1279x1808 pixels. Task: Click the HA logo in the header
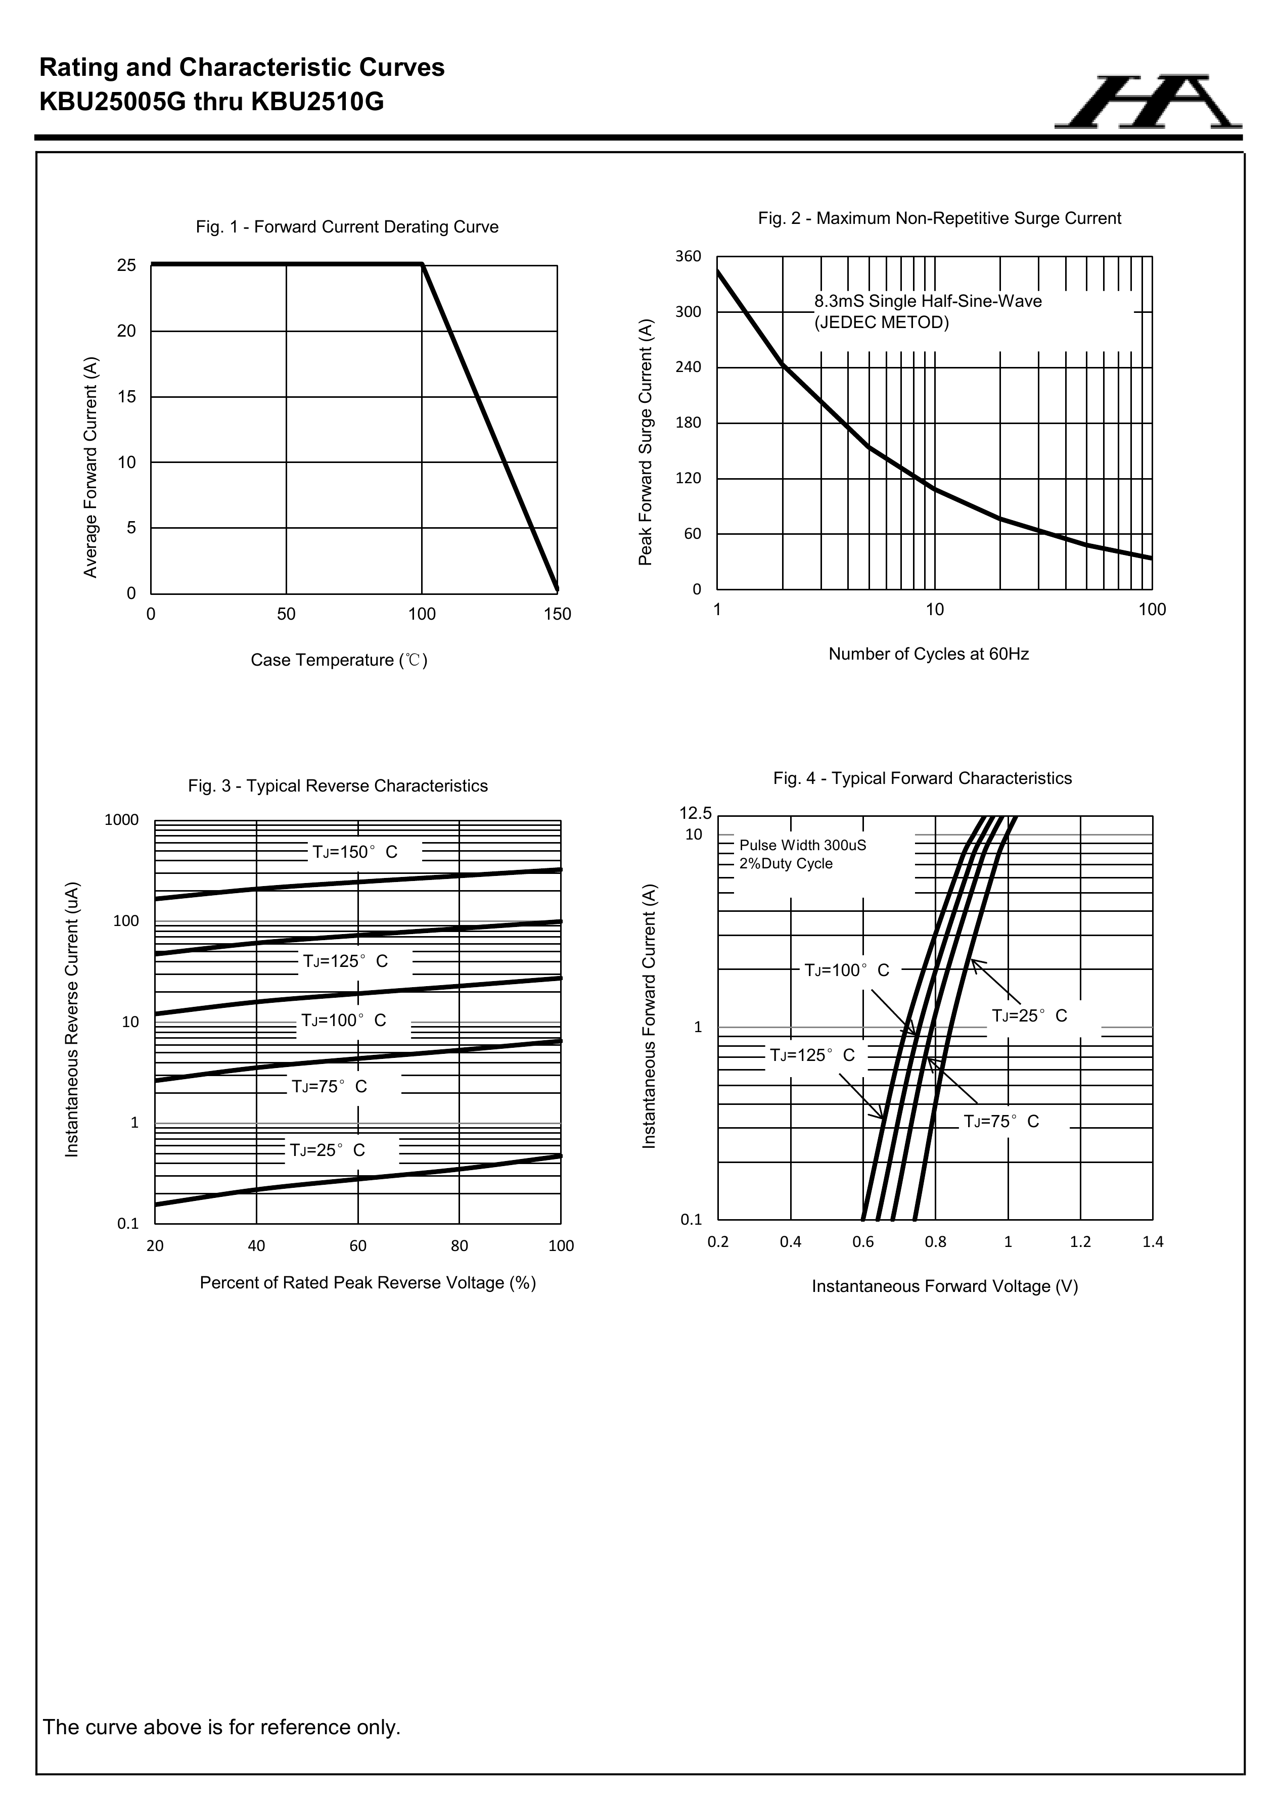[1148, 103]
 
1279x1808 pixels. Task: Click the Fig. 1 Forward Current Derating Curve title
[347, 227]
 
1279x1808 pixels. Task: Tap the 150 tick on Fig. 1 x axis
[558, 614]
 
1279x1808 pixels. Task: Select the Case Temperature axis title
[339, 660]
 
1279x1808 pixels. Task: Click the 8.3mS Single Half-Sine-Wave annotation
[928, 302]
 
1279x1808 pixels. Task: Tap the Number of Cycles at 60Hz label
[929, 654]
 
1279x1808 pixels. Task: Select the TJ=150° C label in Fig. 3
[355, 852]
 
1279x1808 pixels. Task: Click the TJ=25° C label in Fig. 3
[328, 1150]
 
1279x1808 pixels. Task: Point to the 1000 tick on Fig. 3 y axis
[121, 820]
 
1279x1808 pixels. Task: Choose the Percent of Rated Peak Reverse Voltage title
[368, 1283]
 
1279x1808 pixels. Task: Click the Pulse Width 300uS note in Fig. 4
[802, 846]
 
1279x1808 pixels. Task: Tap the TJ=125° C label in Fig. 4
[812, 1055]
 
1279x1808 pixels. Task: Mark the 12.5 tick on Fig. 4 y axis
[696, 813]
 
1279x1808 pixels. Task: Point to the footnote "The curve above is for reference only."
[222, 1727]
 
